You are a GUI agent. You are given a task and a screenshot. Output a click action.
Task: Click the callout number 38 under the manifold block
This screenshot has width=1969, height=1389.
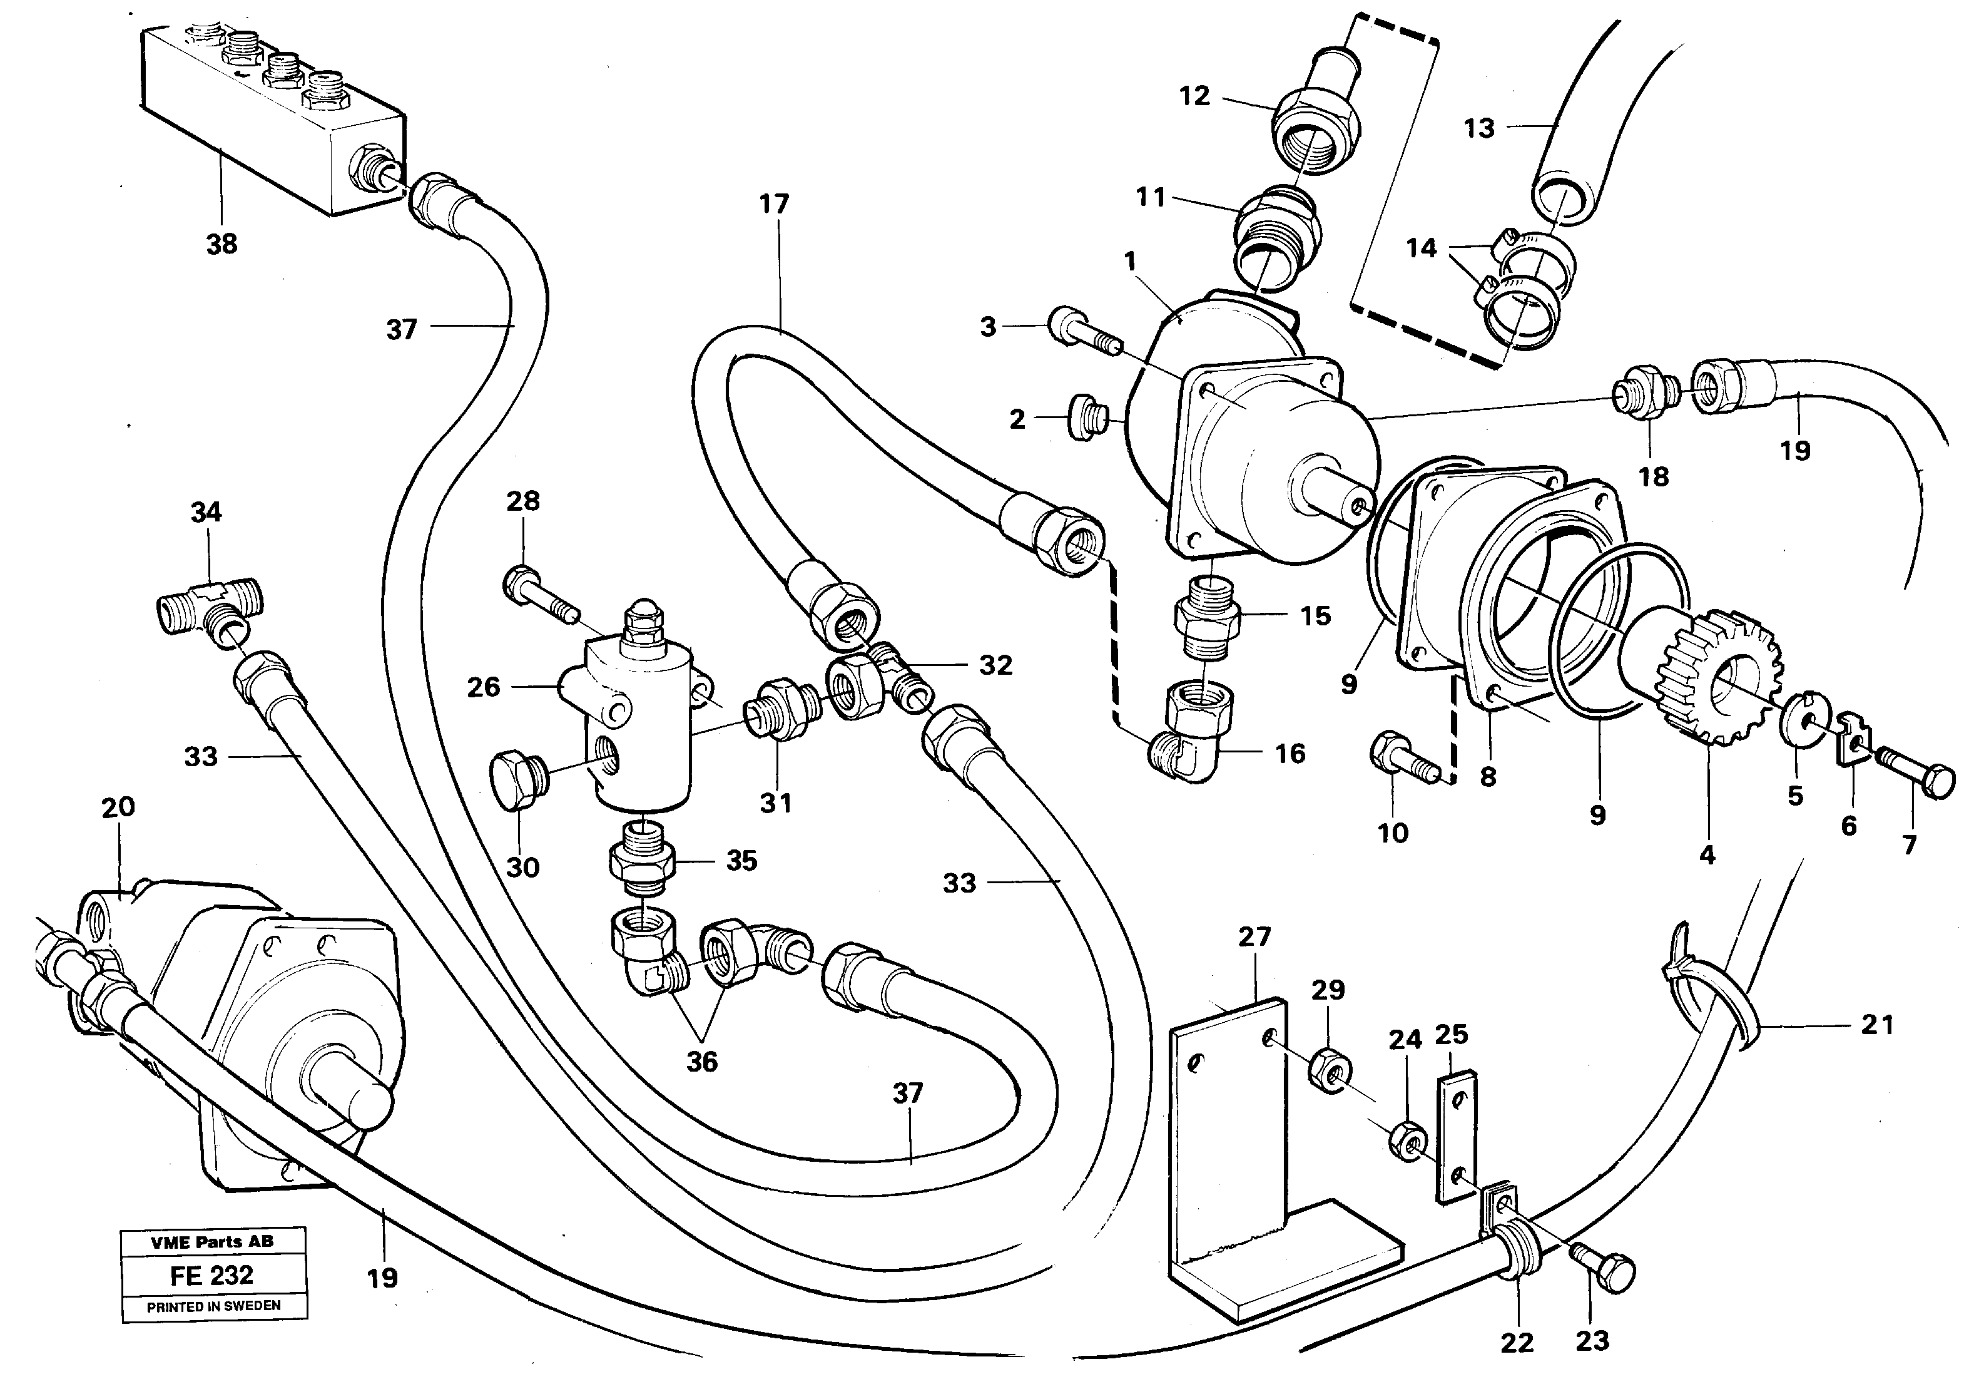(221, 245)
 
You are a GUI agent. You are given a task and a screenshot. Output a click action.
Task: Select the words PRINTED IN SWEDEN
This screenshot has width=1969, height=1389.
(213, 1306)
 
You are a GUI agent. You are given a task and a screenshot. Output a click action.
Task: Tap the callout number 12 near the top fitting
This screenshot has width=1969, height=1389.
(1194, 96)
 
